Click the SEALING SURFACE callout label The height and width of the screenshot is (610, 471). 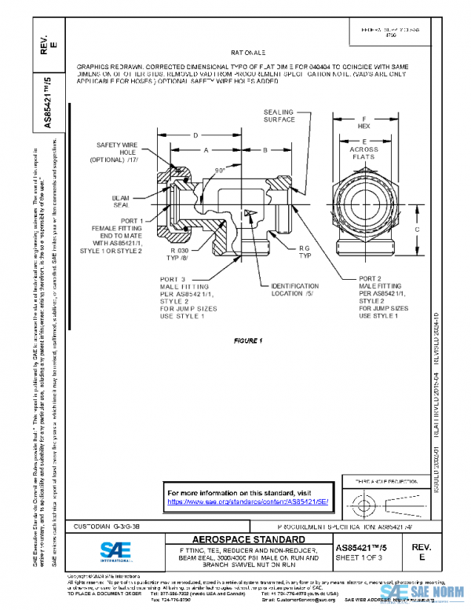coord(279,116)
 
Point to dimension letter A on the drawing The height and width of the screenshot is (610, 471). coord(205,149)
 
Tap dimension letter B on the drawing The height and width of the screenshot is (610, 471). coord(265,149)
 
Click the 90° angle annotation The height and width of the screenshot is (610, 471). coord(221,169)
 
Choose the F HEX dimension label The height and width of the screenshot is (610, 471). coord(363,122)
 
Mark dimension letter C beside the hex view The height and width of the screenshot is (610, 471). coord(418,229)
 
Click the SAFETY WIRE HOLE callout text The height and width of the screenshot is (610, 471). coord(117,152)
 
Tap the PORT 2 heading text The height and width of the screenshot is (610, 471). coord(371,278)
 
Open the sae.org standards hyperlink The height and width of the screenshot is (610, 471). coord(248,501)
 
